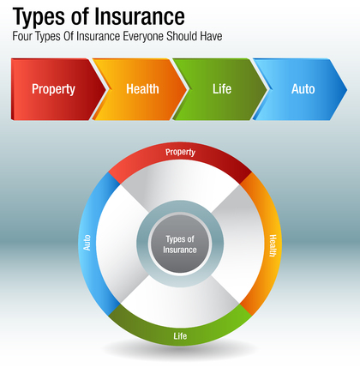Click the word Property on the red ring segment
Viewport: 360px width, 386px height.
coord(180,153)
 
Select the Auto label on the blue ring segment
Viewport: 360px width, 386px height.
coord(87,244)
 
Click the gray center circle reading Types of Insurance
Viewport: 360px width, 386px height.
coord(180,244)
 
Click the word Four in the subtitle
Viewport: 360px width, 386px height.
coord(24,39)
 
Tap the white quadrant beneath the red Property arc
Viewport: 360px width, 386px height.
coord(180,184)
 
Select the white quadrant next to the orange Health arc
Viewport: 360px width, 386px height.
coord(240,244)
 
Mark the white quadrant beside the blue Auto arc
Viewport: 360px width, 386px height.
coord(120,244)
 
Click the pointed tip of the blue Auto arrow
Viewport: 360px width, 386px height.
coord(346,87)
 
